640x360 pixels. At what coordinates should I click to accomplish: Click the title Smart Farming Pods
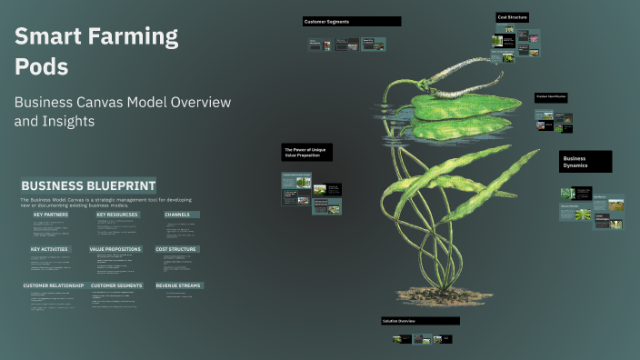click(95, 51)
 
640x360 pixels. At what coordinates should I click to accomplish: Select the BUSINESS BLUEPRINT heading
click(88, 185)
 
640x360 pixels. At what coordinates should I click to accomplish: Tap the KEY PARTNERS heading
click(51, 215)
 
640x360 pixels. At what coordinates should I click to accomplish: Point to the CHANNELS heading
click(177, 215)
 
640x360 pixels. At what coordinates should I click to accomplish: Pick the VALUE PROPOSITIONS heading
click(115, 249)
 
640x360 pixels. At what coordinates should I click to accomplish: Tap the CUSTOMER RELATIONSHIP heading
click(53, 285)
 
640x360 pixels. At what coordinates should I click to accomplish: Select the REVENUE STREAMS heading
click(179, 285)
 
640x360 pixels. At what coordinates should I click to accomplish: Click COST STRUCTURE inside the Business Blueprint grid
click(176, 249)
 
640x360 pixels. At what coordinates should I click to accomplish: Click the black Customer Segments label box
click(351, 21)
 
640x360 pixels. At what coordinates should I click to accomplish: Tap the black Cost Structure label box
click(512, 16)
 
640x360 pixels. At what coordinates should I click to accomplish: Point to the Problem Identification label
click(552, 96)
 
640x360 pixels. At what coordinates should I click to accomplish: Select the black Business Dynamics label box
click(585, 162)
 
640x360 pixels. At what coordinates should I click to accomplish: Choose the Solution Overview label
click(420, 321)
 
